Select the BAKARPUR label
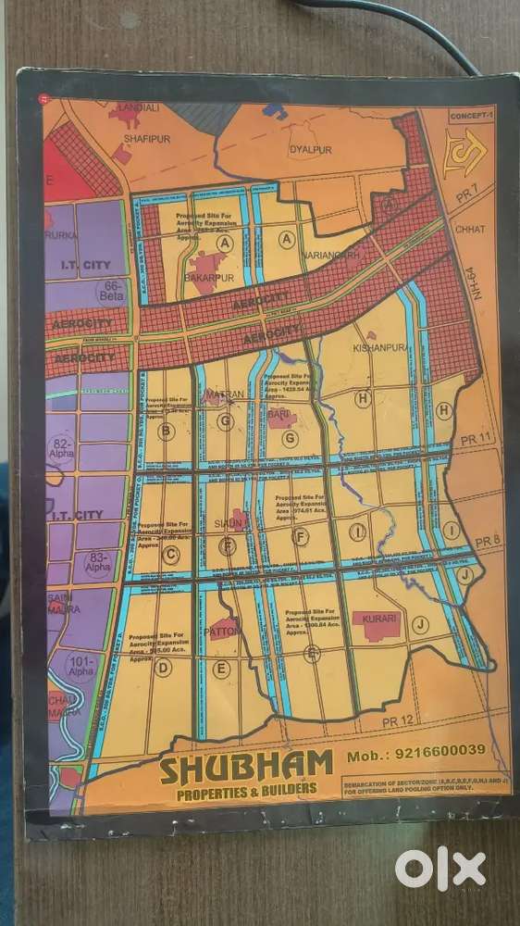coord(210,276)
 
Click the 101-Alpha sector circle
coord(81,667)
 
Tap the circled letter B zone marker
coord(167,431)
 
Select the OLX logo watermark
coord(440,870)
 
